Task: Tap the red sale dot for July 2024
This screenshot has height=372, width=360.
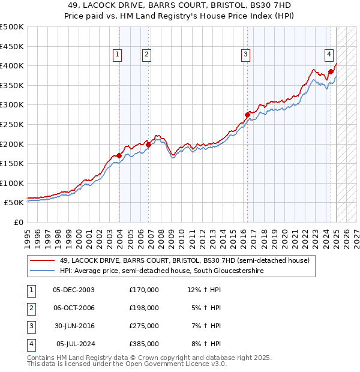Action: click(331, 71)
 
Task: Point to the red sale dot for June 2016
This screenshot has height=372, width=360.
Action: click(247, 115)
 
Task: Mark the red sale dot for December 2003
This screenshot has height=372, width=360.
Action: click(119, 155)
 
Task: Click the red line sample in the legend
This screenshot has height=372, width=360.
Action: click(42, 260)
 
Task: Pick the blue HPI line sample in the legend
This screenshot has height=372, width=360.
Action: click(42, 271)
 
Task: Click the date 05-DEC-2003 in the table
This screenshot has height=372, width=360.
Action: click(74, 290)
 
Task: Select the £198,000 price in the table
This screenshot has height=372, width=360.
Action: click(144, 308)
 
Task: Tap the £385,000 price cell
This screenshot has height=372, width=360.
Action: click(144, 344)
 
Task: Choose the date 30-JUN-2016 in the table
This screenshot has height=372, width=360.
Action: click(74, 326)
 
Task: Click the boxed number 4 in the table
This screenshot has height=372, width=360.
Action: click(30, 344)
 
